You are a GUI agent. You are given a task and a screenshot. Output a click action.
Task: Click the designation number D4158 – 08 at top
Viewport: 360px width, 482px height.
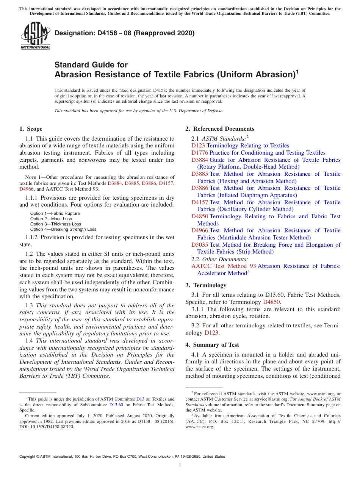click(x=124, y=33)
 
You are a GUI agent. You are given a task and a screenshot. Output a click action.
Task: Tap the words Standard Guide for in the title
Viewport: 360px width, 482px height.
click(x=91, y=65)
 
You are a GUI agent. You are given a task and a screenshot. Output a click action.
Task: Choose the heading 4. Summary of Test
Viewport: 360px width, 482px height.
click(x=212, y=345)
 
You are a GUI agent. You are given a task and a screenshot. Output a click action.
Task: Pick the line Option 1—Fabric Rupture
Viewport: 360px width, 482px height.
click(x=55, y=213)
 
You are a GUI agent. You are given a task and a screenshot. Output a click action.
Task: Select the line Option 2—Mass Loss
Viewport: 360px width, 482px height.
click(x=51, y=219)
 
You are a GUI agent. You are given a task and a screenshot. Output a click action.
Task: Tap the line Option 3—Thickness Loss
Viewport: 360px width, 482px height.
click(x=55, y=224)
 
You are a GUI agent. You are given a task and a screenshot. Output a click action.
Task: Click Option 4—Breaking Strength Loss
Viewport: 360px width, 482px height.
click(x=63, y=229)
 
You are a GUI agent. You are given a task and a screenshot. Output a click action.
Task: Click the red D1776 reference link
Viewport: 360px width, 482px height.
click(x=200, y=153)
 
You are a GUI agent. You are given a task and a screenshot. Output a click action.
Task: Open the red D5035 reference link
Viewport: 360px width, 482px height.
click(x=200, y=245)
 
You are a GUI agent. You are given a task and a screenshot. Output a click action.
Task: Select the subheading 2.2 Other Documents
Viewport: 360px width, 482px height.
click(x=220, y=259)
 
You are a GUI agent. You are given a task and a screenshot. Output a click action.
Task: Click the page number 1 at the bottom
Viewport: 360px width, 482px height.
click(x=180, y=466)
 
